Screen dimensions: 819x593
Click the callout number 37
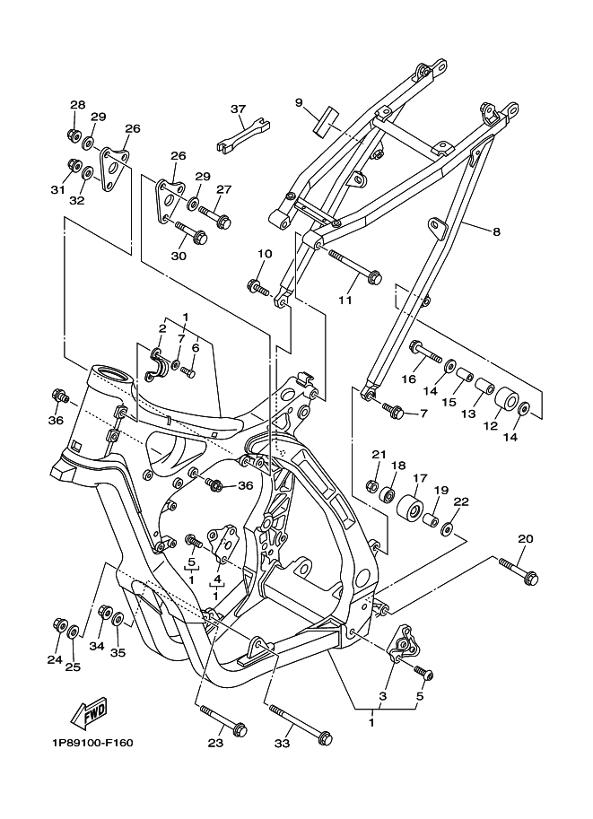click(238, 109)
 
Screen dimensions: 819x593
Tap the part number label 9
click(299, 102)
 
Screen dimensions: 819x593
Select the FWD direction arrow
click(89, 715)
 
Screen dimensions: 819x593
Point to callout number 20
click(525, 539)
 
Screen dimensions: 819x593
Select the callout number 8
click(496, 231)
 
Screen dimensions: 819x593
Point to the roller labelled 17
click(412, 509)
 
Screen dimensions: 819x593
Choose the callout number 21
click(378, 454)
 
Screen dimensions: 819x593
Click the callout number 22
click(461, 502)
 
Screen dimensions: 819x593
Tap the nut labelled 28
click(74, 135)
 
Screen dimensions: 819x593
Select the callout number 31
click(57, 189)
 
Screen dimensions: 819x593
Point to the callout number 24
click(55, 659)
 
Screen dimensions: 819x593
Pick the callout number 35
click(118, 652)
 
